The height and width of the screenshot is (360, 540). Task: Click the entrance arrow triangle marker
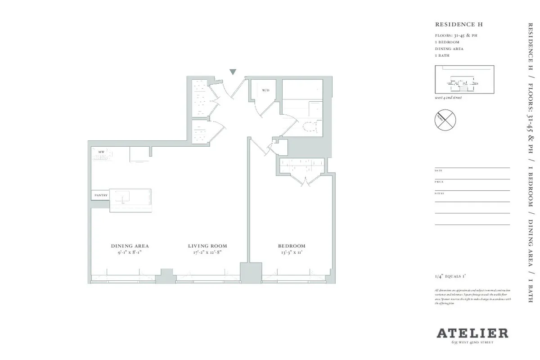point(233,72)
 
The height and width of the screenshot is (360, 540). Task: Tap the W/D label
point(265,90)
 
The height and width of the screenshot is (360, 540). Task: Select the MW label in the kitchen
point(101,153)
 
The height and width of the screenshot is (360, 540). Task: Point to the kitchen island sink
point(122,197)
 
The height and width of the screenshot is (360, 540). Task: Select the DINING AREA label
point(130,246)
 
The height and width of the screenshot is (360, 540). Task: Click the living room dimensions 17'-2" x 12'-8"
point(207,253)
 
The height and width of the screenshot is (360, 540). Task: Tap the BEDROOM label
point(292,246)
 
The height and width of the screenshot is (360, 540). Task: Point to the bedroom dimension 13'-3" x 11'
point(292,253)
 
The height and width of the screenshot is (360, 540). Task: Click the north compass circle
point(445,119)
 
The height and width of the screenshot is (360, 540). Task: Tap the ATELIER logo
point(472,333)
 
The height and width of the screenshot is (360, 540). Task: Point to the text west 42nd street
point(448,98)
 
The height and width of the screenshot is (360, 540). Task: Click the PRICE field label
point(439,182)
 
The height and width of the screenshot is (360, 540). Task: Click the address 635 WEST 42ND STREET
point(472,343)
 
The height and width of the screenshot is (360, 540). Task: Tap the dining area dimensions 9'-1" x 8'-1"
point(130,253)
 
